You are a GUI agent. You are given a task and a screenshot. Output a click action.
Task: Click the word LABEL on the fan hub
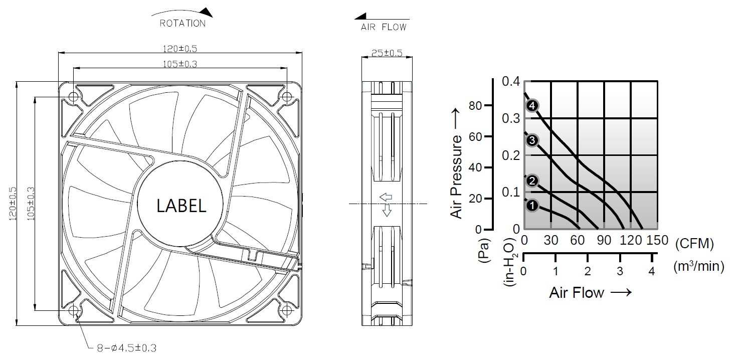point(181,206)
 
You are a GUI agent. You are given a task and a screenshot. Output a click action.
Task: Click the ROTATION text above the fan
point(182,23)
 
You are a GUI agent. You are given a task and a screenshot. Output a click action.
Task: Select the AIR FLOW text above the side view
point(384,27)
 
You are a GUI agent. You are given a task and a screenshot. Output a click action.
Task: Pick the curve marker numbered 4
point(532,106)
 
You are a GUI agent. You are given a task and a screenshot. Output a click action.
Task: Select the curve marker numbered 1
point(532,205)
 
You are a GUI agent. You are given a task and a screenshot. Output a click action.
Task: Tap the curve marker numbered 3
point(532,140)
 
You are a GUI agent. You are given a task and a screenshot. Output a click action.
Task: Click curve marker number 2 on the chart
point(532,181)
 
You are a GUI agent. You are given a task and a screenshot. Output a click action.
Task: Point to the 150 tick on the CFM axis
point(657,241)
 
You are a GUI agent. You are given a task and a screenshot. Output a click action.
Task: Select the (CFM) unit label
point(694,244)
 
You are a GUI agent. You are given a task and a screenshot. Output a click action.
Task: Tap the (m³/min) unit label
point(698,267)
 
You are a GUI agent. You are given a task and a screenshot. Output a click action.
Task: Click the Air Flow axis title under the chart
point(590,293)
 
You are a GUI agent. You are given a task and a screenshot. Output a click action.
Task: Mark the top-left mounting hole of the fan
point(74,96)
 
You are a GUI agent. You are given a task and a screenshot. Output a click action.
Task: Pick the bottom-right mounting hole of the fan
point(287,310)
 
